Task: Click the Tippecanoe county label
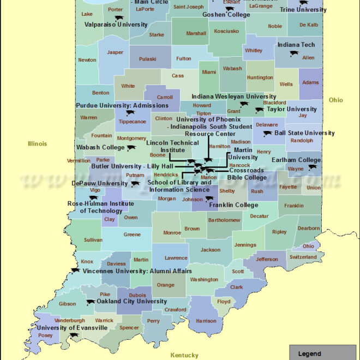click(x=133, y=122)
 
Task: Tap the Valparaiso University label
click(x=116, y=25)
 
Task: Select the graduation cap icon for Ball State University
click(x=267, y=133)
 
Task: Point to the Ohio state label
click(x=335, y=100)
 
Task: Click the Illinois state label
click(x=38, y=144)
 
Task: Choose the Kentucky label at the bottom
click(x=184, y=355)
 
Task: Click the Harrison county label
click(x=206, y=321)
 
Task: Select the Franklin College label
click(x=233, y=205)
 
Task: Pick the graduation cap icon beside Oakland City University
click(x=91, y=302)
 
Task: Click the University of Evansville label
click(x=72, y=328)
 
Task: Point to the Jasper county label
click(x=115, y=52)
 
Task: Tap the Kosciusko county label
click(x=226, y=31)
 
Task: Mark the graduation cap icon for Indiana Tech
click(x=294, y=53)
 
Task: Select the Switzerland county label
click(x=303, y=257)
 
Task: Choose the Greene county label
click(x=132, y=235)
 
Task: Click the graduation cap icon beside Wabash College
click(x=131, y=148)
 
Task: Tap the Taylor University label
click(x=291, y=109)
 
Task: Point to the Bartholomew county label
click(x=224, y=220)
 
